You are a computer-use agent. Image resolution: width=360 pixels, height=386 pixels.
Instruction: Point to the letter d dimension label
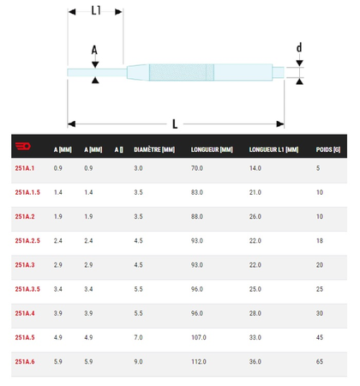(299, 48)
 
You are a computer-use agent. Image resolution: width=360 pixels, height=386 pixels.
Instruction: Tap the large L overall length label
(175, 124)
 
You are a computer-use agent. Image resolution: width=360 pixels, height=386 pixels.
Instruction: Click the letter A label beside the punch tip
(95, 50)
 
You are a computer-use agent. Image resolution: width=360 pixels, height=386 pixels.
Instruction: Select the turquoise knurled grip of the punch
(180, 73)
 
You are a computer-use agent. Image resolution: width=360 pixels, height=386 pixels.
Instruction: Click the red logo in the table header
(23, 148)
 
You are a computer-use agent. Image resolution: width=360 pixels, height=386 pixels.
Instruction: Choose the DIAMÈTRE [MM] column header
(154, 149)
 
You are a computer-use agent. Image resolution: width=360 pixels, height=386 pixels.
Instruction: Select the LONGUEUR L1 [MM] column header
(273, 149)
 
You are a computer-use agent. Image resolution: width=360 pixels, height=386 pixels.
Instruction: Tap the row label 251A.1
(25, 169)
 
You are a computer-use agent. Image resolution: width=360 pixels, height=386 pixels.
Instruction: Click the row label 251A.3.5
(27, 289)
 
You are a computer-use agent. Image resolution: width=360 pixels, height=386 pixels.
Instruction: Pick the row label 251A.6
(25, 362)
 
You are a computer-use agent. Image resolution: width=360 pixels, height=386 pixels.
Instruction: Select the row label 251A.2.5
(27, 241)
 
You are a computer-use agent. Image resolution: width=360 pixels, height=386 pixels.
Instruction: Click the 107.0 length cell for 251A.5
(199, 338)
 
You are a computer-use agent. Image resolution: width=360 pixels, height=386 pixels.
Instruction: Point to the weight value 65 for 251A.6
(320, 362)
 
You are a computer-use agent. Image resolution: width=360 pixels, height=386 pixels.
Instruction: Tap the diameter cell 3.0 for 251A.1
(138, 169)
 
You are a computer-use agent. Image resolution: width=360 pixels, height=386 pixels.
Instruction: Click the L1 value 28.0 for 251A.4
(255, 314)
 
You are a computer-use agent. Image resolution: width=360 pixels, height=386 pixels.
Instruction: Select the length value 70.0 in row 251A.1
(197, 169)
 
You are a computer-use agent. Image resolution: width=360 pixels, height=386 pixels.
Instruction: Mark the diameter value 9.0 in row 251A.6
(138, 362)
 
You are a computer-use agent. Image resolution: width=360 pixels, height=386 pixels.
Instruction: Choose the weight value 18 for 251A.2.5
(320, 241)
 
